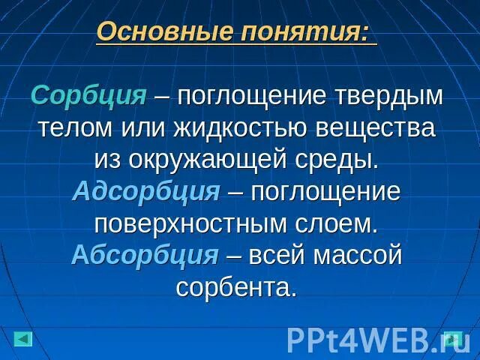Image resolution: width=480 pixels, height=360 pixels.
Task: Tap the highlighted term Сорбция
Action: coord(88,96)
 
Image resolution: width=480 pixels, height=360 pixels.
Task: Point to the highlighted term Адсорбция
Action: coord(146,192)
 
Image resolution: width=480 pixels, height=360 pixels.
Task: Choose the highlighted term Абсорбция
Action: coord(145,256)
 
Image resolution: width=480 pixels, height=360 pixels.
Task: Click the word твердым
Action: coord(397,96)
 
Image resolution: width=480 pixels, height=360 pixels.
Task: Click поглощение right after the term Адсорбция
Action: coord(326,192)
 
